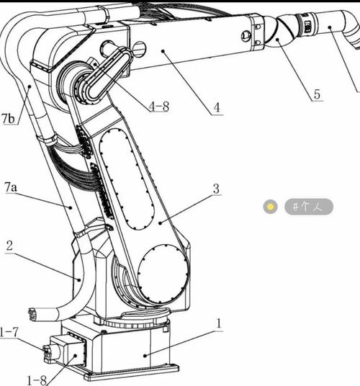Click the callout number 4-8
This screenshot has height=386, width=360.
pyautogui.click(x=159, y=107)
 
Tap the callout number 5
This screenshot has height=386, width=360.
pyautogui.click(x=318, y=94)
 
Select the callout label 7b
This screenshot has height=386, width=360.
pyautogui.click(x=8, y=118)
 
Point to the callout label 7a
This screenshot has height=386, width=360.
pyautogui.click(x=11, y=187)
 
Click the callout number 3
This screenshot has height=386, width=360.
pyautogui.click(x=216, y=189)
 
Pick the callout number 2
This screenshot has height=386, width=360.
pyautogui.click(x=9, y=246)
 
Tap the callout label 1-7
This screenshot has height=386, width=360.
pyautogui.click(x=9, y=332)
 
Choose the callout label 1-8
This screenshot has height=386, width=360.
pyautogui.click(x=37, y=380)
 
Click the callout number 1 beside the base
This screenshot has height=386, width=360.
pyautogui.click(x=218, y=324)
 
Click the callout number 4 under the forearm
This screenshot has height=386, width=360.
pyautogui.click(x=217, y=107)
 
